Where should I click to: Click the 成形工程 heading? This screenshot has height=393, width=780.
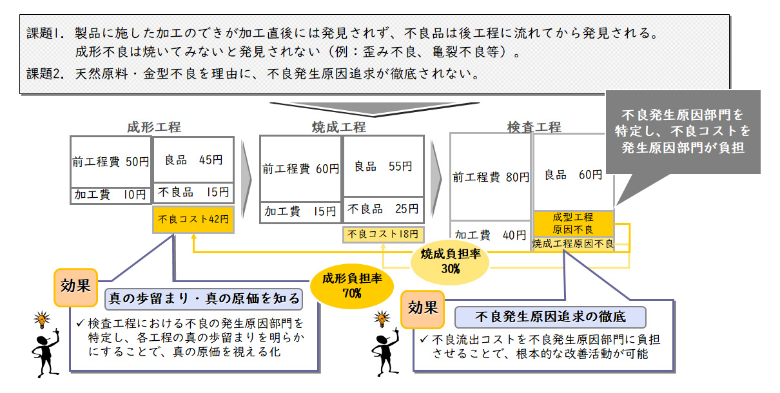point(154,127)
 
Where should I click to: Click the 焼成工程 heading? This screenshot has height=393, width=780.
point(339,127)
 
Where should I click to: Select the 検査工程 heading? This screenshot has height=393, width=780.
point(534,127)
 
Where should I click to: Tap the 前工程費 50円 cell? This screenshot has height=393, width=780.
point(111,162)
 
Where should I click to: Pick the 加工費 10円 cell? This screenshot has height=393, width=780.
point(111,195)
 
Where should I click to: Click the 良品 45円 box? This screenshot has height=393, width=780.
point(193,160)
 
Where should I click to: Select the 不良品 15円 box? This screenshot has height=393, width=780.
point(193,193)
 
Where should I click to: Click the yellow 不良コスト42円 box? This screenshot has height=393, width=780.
point(193,219)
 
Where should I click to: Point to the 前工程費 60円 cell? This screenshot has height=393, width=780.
point(300,169)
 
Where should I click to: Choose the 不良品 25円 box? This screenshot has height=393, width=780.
point(384,209)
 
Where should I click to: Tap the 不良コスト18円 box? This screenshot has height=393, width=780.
point(383,235)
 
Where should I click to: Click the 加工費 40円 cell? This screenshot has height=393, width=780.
point(491,235)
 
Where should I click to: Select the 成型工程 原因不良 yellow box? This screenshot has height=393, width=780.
point(573,224)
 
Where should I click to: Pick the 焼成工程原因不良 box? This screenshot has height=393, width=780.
point(573,244)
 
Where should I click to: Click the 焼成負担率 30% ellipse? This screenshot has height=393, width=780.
point(450,262)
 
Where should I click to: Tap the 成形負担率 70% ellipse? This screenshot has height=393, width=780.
point(352,286)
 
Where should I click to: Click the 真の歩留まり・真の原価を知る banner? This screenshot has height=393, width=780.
point(204,299)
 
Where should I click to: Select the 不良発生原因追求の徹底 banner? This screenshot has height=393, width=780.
point(550,317)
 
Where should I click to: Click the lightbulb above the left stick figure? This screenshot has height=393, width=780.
point(42,320)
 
